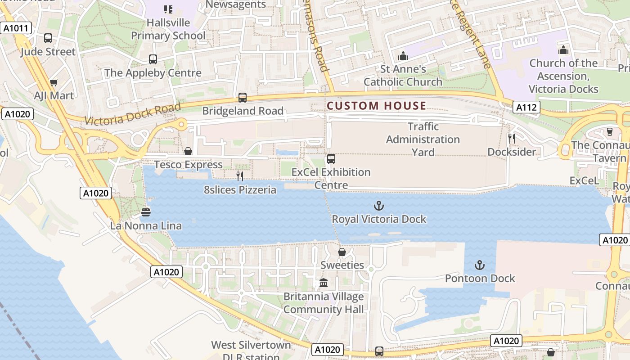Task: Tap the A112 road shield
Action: (526, 107)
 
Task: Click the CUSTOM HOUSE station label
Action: (377, 106)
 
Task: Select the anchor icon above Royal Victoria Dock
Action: (379, 206)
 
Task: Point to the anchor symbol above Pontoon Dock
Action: (480, 265)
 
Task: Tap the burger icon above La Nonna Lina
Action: (145, 212)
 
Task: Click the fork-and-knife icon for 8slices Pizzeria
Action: (240, 176)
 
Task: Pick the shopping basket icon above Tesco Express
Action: (188, 151)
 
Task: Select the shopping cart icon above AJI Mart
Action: (54, 82)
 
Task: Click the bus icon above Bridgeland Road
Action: (243, 97)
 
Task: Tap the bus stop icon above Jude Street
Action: (48, 38)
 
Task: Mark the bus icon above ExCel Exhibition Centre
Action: (331, 158)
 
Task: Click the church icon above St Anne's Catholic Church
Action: (403, 56)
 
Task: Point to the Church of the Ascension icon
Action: (563, 49)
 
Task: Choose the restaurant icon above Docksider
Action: (512, 138)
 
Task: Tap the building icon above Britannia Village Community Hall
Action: (323, 283)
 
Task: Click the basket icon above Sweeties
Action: (342, 252)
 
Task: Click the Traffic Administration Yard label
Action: (423, 139)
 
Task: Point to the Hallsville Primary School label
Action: (168, 29)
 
